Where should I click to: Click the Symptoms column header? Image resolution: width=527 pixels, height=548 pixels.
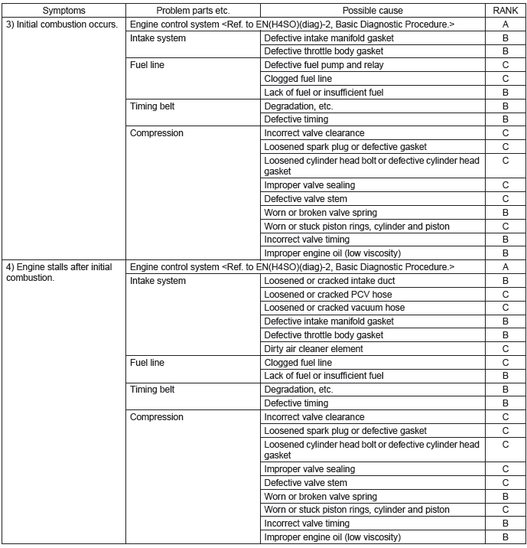click(x=64, y=11)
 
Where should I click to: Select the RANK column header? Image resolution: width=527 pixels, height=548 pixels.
click(x=505, y=11)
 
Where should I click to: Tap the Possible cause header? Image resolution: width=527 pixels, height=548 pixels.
click(x=372, y=11)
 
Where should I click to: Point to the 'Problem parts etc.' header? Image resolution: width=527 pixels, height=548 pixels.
click(x=193, y=11)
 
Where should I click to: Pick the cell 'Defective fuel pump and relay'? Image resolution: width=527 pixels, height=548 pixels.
click(x=324, y=65)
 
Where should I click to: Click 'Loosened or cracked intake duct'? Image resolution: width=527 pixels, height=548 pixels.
click(x=330, y=281)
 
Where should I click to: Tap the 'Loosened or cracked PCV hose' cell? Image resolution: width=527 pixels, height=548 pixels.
click(x=328, y=295)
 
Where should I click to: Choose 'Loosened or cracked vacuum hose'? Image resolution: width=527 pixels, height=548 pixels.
click(x=334, y=308)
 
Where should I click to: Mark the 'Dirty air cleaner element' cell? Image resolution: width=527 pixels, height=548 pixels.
click(x=314, y=349)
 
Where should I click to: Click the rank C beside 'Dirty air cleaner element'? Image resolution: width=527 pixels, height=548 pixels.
click(x=505, y=349)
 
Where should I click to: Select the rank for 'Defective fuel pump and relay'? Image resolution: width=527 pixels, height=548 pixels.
click(x=505, y=65)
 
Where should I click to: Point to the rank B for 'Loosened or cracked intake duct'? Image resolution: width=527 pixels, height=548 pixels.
click(x=505, y=281)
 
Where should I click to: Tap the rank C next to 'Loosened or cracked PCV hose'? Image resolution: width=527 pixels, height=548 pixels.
click(x=505, y=295)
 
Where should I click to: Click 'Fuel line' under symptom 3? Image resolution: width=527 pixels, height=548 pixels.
click(x=147, y=65)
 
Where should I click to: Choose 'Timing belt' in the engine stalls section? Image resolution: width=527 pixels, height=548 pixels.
click(x=152, y=390)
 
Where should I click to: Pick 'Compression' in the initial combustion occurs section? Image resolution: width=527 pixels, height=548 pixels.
click(x=157, y=133)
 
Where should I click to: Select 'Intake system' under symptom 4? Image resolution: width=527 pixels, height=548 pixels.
click(x=158, y=281)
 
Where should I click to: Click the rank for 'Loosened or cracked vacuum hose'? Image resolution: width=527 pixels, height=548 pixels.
click(x=505, y=308)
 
